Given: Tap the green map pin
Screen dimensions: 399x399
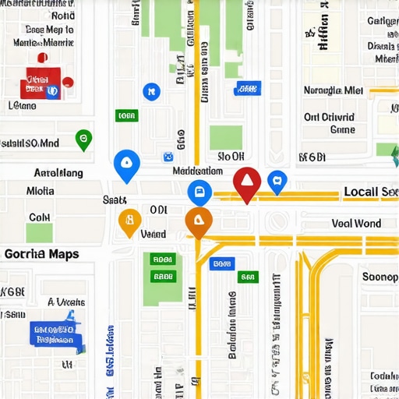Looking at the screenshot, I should point(83,139).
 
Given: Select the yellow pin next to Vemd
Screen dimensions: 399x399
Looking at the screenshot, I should point(129,221).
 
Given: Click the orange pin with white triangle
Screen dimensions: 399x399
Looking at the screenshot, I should point(199,221).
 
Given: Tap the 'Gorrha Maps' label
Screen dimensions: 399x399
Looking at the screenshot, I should point(41,254).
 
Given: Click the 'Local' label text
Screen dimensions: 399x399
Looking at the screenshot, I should point(361,192).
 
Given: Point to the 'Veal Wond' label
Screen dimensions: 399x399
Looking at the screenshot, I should point(356,224).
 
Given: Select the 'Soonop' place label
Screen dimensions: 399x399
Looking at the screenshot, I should point(380,276).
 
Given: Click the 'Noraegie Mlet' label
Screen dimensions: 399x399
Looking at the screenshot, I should point(334,90).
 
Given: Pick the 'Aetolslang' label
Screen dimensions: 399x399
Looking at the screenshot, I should point(58,173).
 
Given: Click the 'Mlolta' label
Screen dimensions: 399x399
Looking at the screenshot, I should point(41,190).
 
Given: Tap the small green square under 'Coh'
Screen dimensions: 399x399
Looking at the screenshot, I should point(39,233).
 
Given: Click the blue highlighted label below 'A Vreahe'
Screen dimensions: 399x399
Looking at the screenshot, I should point(52,334).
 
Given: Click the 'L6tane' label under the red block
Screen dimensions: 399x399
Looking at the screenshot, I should point(22,105).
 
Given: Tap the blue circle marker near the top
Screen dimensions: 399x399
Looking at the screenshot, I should point(150,92).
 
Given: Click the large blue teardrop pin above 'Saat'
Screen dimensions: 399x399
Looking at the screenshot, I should point(125,164).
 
